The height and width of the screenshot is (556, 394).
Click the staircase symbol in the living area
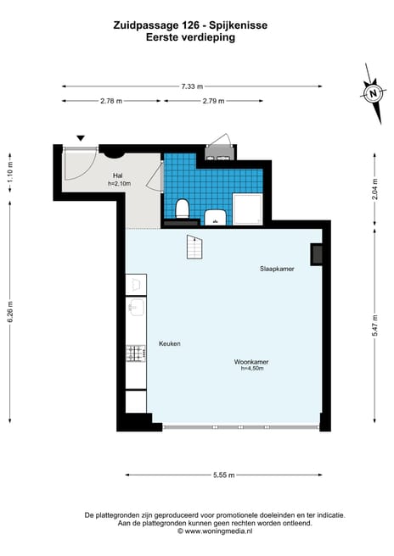coord(195,248)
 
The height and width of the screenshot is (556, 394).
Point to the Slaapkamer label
coord(277,268)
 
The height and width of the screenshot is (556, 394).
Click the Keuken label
coord(169,343)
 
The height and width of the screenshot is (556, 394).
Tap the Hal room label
coord(118,175)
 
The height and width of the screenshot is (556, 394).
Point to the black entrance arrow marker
coord(81,137)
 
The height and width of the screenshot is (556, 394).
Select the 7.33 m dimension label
coord(192,86)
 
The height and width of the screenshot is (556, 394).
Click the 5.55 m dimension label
coord(224,475)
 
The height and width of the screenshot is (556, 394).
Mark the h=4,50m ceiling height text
coord(252,369)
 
